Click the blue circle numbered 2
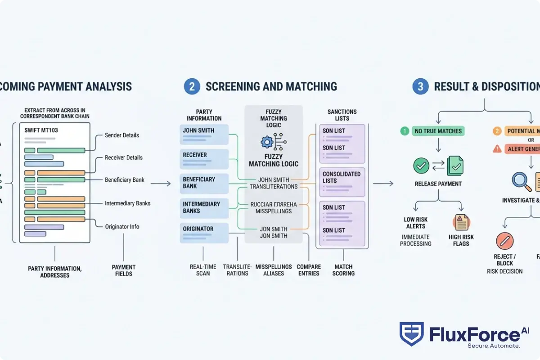click(192, 86)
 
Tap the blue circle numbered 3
click(420, 86)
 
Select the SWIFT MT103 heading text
click(41, 130)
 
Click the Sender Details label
click(121, 135)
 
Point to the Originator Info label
click(121, 227)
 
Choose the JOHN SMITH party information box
click(204, 134)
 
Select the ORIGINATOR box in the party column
click(204, 232)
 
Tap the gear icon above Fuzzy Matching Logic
click(267, 142)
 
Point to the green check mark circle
click(421, 166)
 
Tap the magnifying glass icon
click(521, 181)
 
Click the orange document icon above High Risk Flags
click(461, 223)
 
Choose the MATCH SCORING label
click(343, 270)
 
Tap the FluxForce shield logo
click(411, 334)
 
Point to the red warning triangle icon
click(497, 148)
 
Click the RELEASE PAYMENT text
click(438, 184)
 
